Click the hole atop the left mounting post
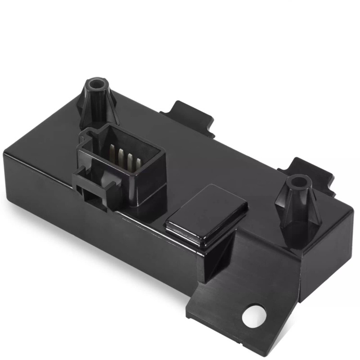96,84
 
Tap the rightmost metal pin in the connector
137,165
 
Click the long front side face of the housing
90,225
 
